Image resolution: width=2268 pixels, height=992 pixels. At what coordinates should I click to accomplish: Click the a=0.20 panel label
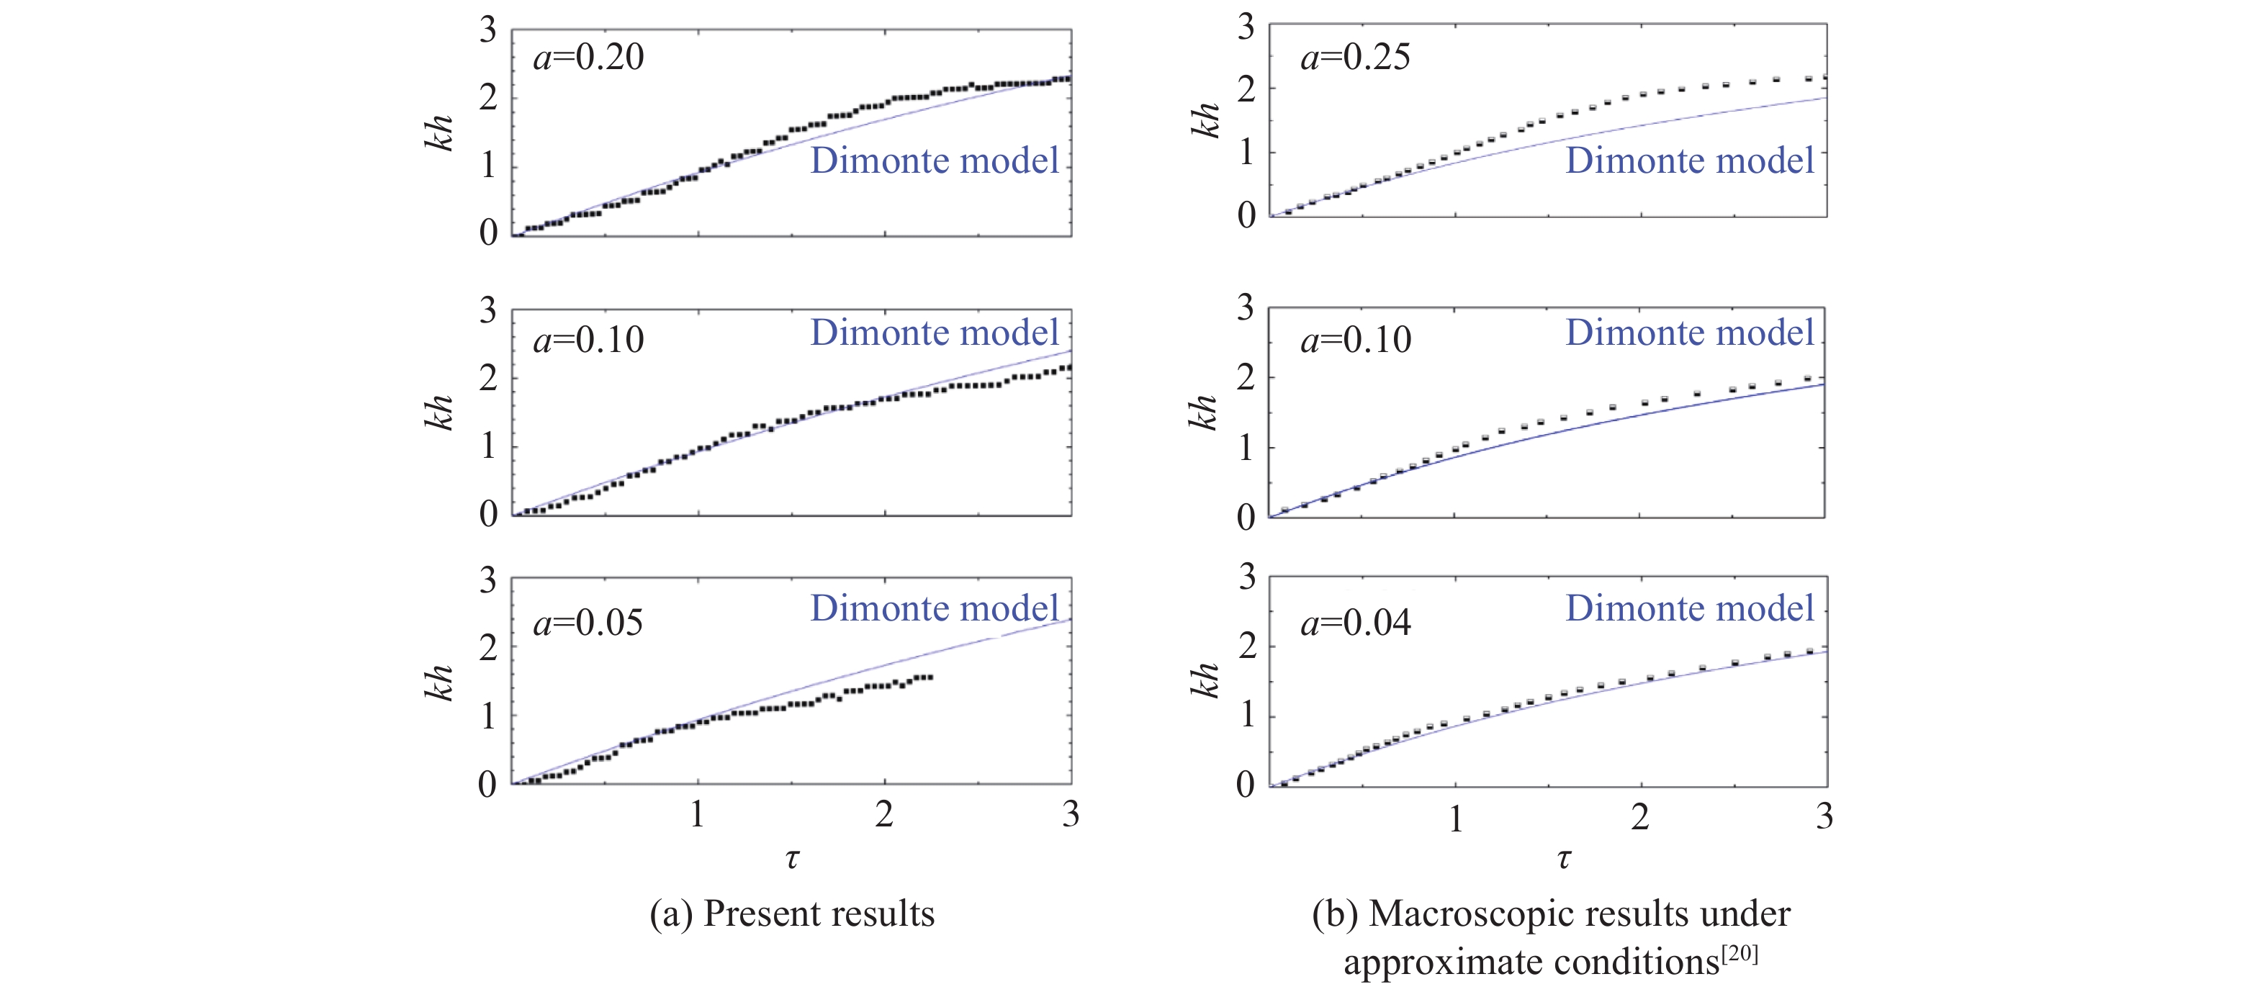[x=588, y=58]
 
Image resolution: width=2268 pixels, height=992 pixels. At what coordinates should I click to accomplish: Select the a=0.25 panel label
[x=1355, y=58]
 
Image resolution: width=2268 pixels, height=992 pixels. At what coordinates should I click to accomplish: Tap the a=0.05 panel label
[x=588, y=624]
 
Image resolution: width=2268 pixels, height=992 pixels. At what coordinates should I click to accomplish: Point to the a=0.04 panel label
[x=1355, y=624]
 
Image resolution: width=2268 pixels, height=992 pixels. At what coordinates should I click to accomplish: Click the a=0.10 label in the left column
[x=588, y=341]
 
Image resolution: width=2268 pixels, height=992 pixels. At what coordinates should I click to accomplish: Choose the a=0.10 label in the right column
[x=1355, y=341]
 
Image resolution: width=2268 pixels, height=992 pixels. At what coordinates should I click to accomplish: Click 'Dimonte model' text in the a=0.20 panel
[x=934, y=161]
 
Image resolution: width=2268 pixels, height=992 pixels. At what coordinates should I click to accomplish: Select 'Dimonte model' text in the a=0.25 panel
[x=1688, y=161]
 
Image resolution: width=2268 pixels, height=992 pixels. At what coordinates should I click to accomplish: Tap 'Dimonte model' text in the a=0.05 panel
[x=934, y=608]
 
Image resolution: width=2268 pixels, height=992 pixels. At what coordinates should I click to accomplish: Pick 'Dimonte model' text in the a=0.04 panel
[x=1688, y=608]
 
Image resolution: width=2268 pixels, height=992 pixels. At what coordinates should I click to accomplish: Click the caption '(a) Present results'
[x=791, y=914]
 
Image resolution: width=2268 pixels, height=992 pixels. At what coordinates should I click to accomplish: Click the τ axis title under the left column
[x=791, y=857]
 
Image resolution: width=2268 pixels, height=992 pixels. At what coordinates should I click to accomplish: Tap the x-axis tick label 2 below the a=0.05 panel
[x=884, y=815]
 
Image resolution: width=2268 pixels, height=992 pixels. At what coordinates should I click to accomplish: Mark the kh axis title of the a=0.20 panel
[x=439, y=133]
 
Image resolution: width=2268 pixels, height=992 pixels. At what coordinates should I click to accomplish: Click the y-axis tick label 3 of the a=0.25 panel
[x=1246, y=28]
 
